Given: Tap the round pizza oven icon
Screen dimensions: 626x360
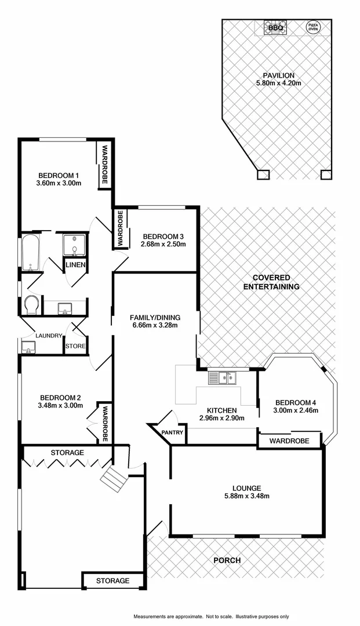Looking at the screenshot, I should [312, 27].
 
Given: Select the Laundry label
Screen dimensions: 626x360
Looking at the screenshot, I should [49, 336].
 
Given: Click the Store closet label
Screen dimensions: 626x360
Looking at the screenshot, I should [75, 347].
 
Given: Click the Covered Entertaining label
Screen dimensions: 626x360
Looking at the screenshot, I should [271, 282].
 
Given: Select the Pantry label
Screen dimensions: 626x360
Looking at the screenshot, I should [173, 432].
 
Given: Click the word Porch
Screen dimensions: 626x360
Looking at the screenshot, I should [227, 561].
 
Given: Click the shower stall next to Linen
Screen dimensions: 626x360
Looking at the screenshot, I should [76, 245].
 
